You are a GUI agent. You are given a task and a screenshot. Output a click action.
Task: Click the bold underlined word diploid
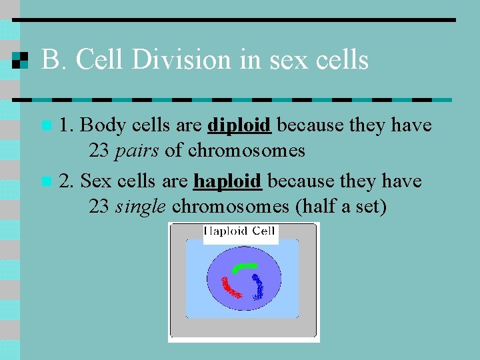point(239,125)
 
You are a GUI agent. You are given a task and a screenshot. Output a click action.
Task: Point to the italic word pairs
point(137,151)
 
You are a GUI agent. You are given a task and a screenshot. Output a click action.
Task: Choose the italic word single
point(140,207)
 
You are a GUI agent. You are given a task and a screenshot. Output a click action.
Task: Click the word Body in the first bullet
point(102,125)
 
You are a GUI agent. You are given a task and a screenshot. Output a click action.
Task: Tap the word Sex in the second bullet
point(95,181)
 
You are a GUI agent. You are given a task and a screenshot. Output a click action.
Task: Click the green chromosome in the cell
point(244,267)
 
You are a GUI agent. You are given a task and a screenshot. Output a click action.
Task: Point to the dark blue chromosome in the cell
point(258,286)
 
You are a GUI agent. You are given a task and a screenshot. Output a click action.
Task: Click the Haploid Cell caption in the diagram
point(240,232)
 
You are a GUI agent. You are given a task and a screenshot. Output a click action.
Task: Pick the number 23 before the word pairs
point(99,151)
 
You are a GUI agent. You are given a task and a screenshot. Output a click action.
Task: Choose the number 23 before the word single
point(99,207)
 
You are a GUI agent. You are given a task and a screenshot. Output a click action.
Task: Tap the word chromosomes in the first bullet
point(246,151)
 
